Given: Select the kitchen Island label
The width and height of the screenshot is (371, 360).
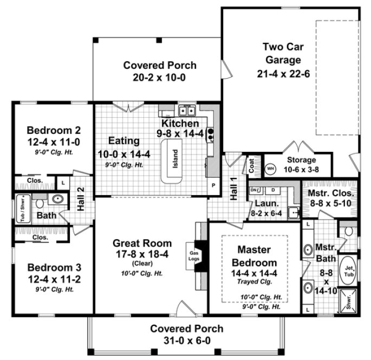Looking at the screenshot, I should coord(175,159).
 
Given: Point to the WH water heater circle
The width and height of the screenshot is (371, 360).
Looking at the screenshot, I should coord(270,168).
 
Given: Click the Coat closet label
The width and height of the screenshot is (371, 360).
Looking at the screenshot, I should coord(251,166).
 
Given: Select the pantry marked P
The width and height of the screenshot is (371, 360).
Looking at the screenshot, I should coord(213,185).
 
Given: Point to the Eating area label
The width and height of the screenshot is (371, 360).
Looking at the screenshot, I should coord(124,141).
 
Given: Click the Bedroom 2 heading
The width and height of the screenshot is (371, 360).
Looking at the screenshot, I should coord(54,131).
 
